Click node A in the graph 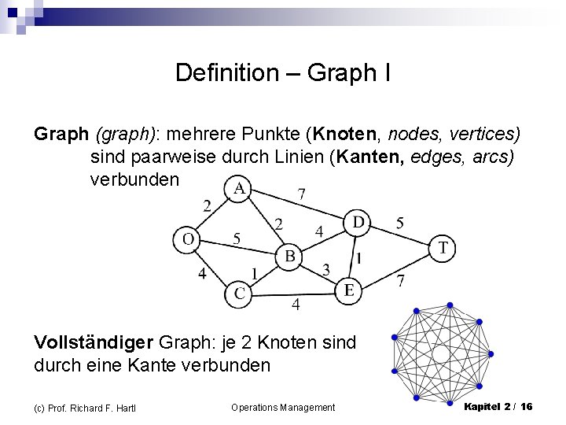pyautogui.click(x=239, y=189)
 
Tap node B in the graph pyautogui.click(x=289, y=256)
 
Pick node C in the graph pyautogui.click(x=240, y=294)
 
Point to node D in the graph pyautogui.click(x=358, y=224)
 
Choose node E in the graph pyautogui.click(x=348, y=290)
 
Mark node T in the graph pyautogui.click(x=443, y=249)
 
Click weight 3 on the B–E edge pyautogui.click(x=326, y=270)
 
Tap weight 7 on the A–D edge pyautogui.click(x=302, y=193)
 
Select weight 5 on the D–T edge pyautogui.click(x=400, y=224)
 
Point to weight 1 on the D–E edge pyautogui.click(x=358, y=257)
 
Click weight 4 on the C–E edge pyautogui.click(x=296, y=305)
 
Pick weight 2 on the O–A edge pyautogui.click(x=207, y=206)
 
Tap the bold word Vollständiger pyautogui.click(x=94, y=342)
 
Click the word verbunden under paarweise pyautogui.click(x=134, y=179)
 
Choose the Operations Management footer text pyautogui.click(x=283, y=407)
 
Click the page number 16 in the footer pyautogui.click(x=526, y=406)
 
